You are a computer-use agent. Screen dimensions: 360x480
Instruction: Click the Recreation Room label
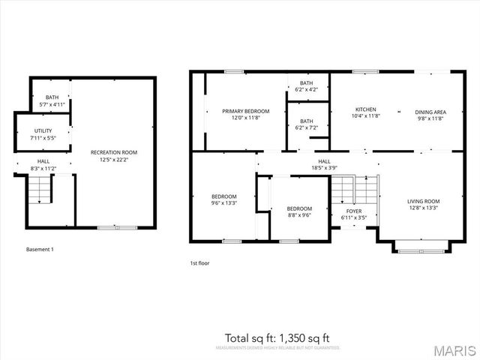[113, 156]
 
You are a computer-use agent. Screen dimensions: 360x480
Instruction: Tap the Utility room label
[42, 134]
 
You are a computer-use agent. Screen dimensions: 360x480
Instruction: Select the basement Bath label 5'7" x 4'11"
[52, 100]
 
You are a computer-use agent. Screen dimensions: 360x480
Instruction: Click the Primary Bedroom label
[245, 114]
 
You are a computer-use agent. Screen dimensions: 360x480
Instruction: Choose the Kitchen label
[366, 113]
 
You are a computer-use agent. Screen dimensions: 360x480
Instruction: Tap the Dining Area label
[430, 114]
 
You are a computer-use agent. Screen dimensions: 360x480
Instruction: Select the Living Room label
[423, 205]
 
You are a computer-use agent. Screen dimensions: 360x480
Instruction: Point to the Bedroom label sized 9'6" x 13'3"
[223, 199]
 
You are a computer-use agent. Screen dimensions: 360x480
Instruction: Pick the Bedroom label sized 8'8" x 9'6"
[299, 211]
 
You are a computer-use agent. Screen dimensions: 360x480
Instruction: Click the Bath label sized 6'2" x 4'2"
[307, 86]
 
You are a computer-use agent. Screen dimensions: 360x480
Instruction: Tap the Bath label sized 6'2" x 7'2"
[307, 124]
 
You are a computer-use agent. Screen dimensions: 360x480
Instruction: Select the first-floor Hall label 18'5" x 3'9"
[324, 164]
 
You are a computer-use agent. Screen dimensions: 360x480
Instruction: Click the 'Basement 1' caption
[40, 249]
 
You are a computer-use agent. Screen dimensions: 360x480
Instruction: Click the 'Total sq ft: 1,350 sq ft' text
[277, 337]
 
